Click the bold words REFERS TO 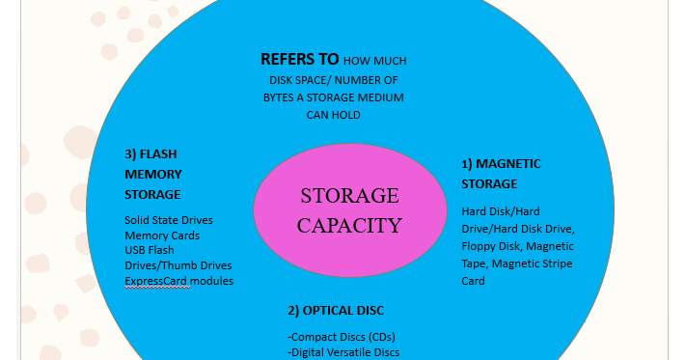[300, 59]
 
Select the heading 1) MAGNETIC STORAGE [501, 174]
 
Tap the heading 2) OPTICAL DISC [337, 311]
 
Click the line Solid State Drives [169, 220]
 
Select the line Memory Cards [162, 235]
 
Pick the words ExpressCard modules [178, 281]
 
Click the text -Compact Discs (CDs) [342, 337]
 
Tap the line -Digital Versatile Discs [343, 352]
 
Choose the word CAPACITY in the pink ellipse [349, 227]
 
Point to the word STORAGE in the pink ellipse [349, 196]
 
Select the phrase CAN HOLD [335, 115]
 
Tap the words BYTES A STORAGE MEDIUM [335, 97]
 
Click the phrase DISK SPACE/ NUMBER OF [333, 80]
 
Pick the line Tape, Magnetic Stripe [517, 263]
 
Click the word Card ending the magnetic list [473, 281]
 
